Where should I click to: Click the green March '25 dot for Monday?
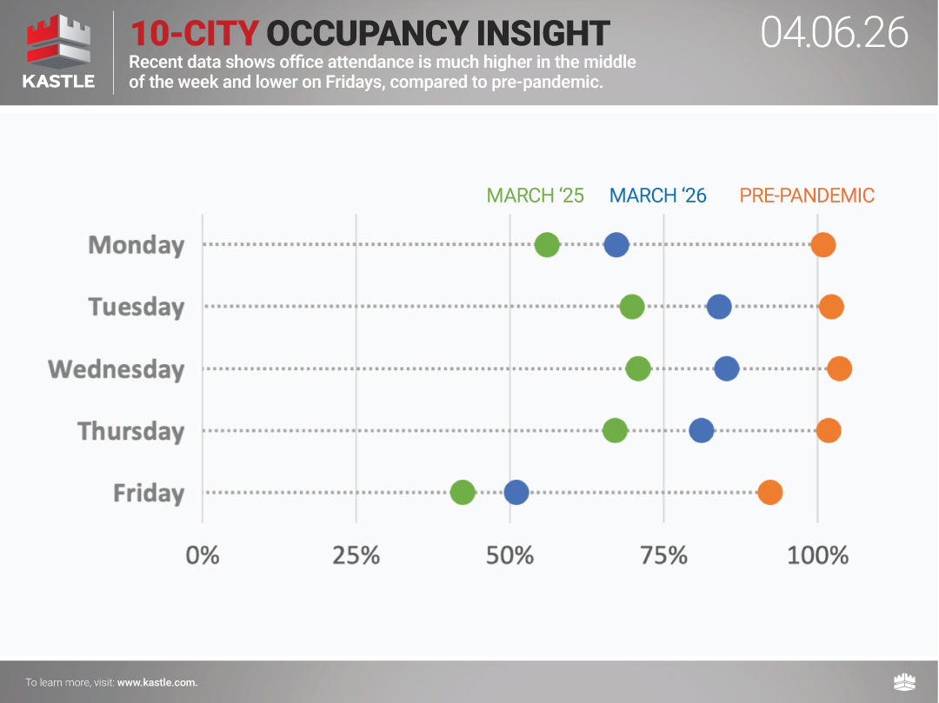546,245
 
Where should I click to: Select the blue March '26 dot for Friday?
516,493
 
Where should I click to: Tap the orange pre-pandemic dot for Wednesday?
839,368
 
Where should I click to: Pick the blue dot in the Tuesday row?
719,307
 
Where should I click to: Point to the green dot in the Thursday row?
615,431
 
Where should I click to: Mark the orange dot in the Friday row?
770,493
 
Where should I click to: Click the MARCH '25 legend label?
535,196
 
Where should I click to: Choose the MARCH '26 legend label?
658,196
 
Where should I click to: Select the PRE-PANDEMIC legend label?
807,196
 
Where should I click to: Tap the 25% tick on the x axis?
356,554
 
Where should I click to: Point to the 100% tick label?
817,554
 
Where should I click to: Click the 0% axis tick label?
203,554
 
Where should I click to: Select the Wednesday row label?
117,369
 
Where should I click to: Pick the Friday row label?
149,494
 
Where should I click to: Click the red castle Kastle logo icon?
59,43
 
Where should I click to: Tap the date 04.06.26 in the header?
834,33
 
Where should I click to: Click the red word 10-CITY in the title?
195,34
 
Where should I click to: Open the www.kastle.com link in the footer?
157,682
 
